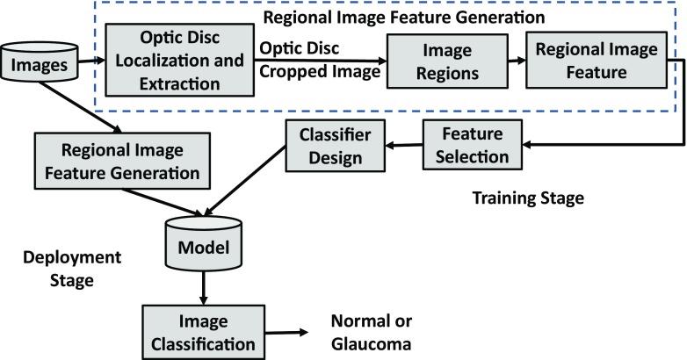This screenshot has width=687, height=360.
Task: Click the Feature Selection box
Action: pyautogui.click(x=466, y=146)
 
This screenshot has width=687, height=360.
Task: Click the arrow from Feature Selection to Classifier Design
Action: pyautogui.click(x=403, y=148)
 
